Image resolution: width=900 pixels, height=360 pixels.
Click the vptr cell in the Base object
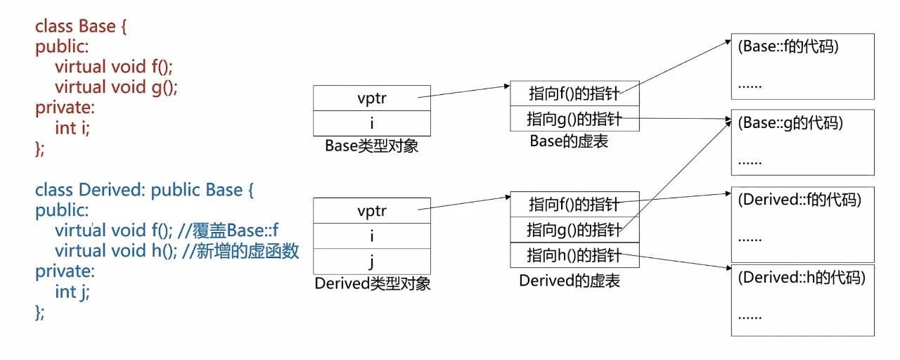[x=371, y=98]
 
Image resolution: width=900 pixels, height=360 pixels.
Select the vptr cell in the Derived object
[x=371, y=210]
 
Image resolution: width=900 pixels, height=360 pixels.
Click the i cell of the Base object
[x=371, y=123]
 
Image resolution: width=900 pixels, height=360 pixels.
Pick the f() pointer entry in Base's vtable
[x=574, y=93]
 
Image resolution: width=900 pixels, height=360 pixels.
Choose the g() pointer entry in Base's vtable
[x=574, y=119]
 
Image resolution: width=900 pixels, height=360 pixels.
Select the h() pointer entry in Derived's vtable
[x=574, y=255]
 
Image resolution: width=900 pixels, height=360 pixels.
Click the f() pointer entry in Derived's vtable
[x=574, y=204]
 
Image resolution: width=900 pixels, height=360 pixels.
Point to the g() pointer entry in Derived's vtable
[x=574, y=229]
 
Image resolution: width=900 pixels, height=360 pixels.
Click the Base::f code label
[x=788, y=47]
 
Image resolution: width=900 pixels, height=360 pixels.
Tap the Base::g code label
[x=790, y=123]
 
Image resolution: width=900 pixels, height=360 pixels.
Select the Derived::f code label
[x=799, y=200]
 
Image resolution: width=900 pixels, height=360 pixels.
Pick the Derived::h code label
[x=801, y=277]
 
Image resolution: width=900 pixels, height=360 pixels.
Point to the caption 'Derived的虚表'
[x=570, y=281]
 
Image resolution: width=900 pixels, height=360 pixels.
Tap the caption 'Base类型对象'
[x=372, y=146]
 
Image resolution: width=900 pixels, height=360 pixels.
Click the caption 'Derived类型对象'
[x=373, y=284]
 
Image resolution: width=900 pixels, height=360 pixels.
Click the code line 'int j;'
[x=72, y=292]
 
